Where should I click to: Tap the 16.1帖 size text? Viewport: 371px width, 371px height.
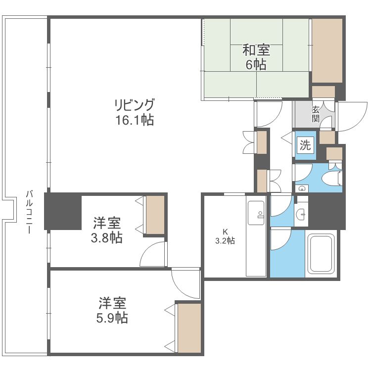coord(135,120)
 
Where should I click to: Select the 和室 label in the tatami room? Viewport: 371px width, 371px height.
coord(256,50)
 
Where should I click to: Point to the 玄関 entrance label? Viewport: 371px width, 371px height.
coord(315,114)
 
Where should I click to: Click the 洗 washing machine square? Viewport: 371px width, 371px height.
coord(305,145)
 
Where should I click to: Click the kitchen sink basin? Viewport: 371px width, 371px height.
coord(256,213)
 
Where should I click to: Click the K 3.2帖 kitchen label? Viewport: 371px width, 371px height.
coord(225,236)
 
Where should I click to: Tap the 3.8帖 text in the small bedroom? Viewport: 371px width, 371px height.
coord(107,238)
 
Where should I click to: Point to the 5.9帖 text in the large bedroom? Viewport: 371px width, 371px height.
coord(112,318)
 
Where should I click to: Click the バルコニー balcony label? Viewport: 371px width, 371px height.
coord(29,212)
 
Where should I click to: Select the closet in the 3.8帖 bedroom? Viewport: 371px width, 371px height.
coord(155,215)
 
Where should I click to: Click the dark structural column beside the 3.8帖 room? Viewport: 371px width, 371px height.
coord(63,211)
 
